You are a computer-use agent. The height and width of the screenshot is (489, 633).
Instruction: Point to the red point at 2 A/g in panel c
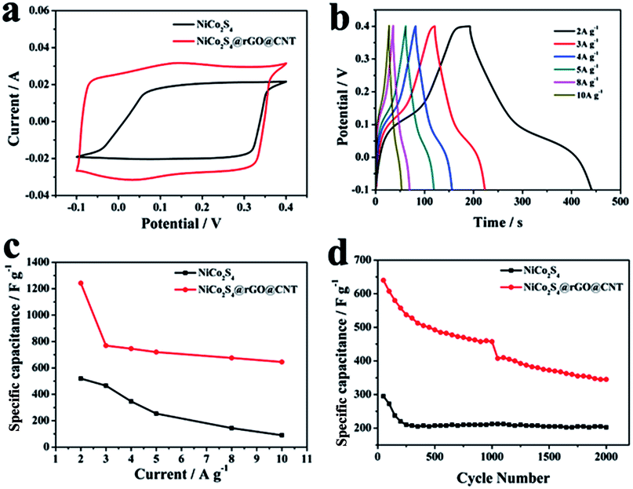[81, 283]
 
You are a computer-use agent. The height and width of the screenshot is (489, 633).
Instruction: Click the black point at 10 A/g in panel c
[282, 435]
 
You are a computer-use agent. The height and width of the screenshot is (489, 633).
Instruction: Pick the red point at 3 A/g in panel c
[106, 345]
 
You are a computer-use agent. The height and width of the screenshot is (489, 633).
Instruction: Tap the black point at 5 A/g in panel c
[156, 414]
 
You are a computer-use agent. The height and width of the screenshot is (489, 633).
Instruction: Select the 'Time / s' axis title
[497, 223]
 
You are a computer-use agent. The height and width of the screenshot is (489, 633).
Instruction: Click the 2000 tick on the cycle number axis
[606, 458]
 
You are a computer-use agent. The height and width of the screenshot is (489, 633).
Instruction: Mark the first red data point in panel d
[384, 280]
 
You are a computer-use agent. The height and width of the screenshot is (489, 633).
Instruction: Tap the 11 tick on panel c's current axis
[307, 458]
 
